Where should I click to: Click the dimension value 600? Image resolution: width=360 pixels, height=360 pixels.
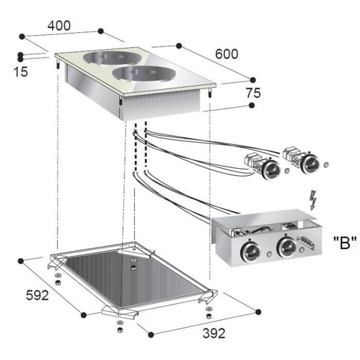click(x=227, y=53)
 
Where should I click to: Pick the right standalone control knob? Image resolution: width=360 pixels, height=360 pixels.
click(x=307, y=165)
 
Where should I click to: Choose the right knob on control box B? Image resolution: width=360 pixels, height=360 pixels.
click(x=286, y=247)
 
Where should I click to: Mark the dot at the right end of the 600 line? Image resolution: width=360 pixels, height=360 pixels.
click(x=251, y=79)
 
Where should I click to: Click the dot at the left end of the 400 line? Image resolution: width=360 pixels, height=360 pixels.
click(x=22, y=34)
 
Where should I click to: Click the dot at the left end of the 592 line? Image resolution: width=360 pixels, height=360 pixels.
click(x=22, y=258)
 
